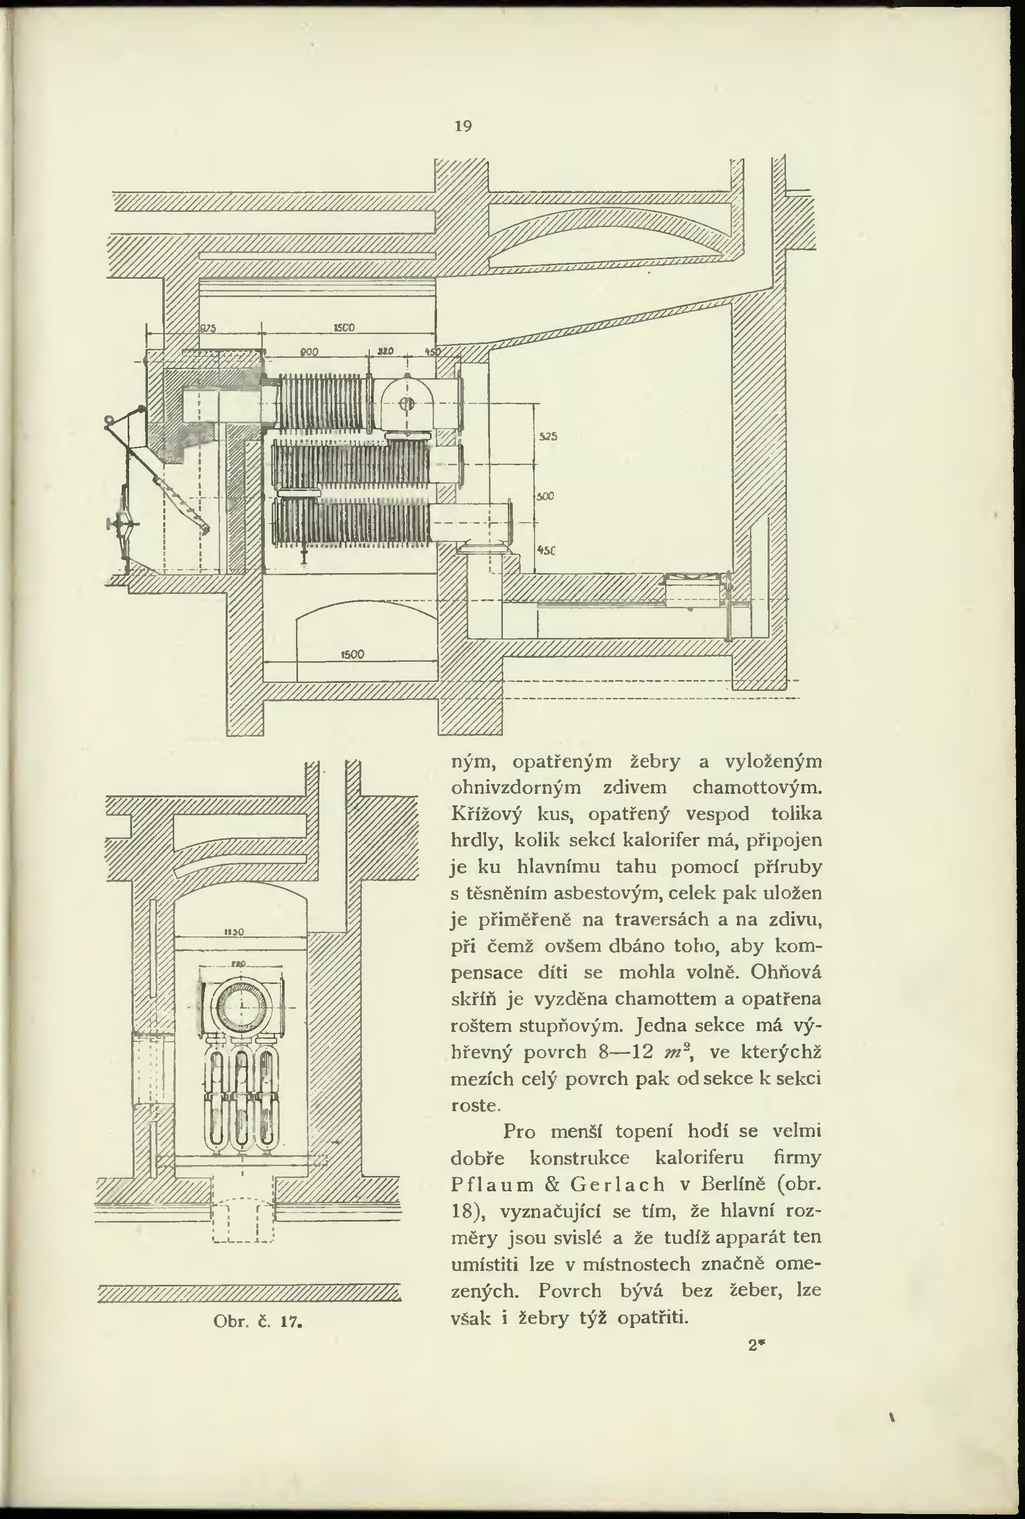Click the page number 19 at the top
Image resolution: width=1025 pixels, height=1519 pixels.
(463, 126)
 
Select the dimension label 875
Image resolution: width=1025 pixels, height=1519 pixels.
(207, 329)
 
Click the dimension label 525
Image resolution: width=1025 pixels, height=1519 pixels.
(548, 436)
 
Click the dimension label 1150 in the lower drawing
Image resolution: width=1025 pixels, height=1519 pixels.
(234, 932)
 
